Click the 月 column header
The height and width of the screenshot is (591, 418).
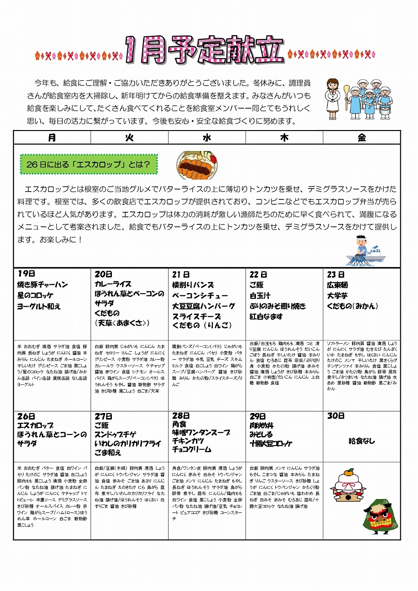[52, 138]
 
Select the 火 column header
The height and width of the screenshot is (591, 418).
[130, 138]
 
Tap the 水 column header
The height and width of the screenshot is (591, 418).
[207, 138]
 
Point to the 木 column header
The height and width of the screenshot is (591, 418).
[284, 138]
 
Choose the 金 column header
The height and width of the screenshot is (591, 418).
[362, 138]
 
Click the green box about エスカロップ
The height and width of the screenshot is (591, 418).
[89, 164]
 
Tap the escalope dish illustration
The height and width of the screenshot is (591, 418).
[197, 165]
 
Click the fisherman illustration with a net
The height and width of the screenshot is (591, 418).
[365, 251]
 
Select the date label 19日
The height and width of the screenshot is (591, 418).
[26, 274]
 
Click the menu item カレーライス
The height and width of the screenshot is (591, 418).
[113, 284]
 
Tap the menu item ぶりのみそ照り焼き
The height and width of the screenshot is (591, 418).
[278, 306]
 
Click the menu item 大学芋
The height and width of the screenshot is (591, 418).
[337, 295]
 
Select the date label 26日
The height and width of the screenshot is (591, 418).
[26, 416]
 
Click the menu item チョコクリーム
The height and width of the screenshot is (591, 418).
[191, 449]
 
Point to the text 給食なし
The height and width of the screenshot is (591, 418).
[362, 441]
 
